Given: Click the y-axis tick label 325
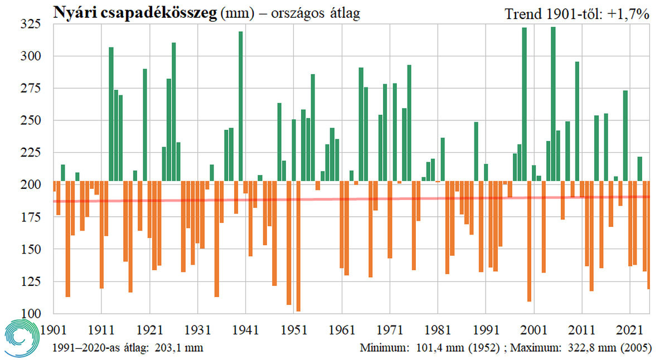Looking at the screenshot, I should pyautogui.click(x=31, y=24).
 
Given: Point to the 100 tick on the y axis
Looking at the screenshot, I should pyautogui.click(x=31, y=314).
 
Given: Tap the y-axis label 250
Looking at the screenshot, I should pyautogui.click(x=31, y=120).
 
